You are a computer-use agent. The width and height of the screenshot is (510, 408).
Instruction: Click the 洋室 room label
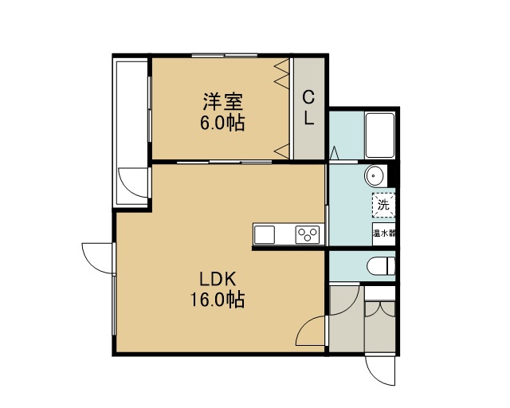[x=223, y=102]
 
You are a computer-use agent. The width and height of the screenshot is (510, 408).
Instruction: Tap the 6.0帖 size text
[x=222, y=123]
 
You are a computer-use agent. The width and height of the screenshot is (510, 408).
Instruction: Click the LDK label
[x=218, y=279]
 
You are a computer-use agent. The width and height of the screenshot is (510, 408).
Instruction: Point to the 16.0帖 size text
[x=218, y=300]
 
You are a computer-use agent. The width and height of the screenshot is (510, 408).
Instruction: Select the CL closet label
[x=308, y=108]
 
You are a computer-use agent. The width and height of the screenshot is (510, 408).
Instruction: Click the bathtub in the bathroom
[x=379, y=135]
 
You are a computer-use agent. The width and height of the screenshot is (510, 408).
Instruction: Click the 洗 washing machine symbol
[x=384, y=205]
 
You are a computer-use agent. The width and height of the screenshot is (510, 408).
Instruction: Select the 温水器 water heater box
[x=384, y=234]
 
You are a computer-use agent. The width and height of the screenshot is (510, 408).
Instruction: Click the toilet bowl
[x=381, y=266]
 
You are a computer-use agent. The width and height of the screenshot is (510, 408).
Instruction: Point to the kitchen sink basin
[x=264, y=234]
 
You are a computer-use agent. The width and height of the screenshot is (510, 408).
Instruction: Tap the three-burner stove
[x=308, y=234]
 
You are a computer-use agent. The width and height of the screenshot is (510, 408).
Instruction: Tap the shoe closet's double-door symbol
[x=380, y=309]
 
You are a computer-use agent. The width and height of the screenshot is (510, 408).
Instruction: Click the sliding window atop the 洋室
[x=225, y=55]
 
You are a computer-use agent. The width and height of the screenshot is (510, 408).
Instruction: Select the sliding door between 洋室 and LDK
[x=225, y=162]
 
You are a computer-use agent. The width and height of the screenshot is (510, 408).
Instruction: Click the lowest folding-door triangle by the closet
[x=282, y=151]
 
